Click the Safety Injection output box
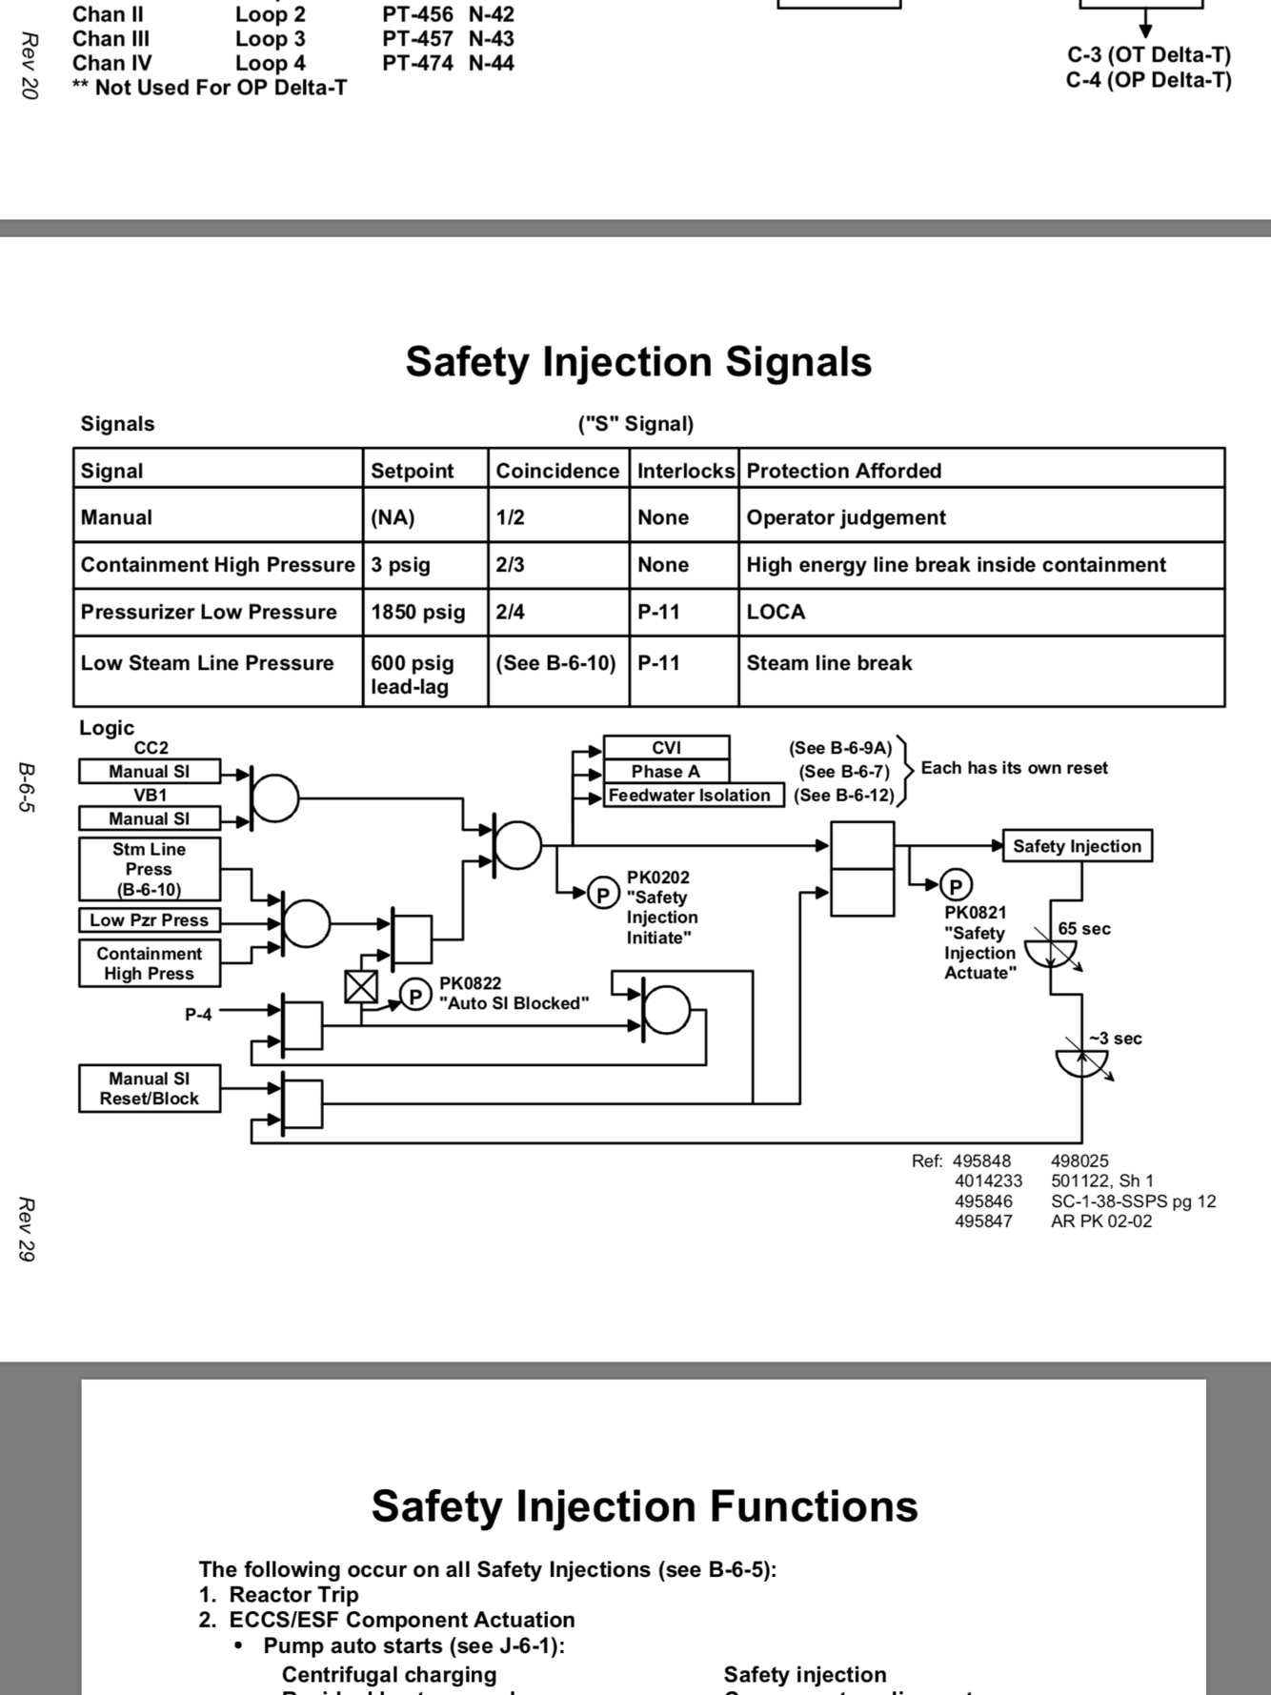pos(1077,846)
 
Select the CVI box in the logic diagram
pos(666,748)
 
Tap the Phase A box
pos(666,772)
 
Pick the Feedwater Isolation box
pos(689,796)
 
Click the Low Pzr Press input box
pos(150,920)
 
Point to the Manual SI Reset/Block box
pos(150,1089)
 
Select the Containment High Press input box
pos(150,963)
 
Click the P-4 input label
pos(198,1015)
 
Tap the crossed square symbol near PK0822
pos(361,987)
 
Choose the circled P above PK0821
pos(956,885)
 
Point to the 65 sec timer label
pos(1084,929)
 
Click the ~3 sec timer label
pos(1116,1039)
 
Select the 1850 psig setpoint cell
pos(418,613)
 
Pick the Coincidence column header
pos(557,471)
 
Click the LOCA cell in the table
pos(776,613)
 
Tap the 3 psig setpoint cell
pos(400,565)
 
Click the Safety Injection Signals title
pos(638,362)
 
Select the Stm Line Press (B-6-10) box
pos(150,869)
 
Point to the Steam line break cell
pos(829,663)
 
